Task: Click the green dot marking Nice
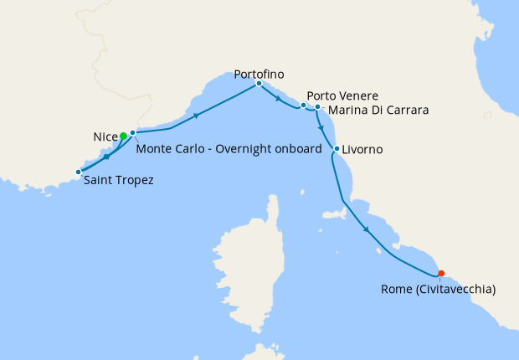123,136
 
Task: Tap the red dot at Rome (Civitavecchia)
441,272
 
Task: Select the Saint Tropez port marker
79,172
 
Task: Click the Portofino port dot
259,84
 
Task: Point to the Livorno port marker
337,150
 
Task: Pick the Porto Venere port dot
303,105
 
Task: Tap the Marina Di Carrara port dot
317,107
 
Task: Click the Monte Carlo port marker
132,132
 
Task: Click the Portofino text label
257,73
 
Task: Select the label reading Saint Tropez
118,180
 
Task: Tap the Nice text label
105,136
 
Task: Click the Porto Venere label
342,95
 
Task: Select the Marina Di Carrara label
378,110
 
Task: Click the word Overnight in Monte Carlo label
241,149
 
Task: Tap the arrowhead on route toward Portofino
196,116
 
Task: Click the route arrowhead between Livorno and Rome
366,230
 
